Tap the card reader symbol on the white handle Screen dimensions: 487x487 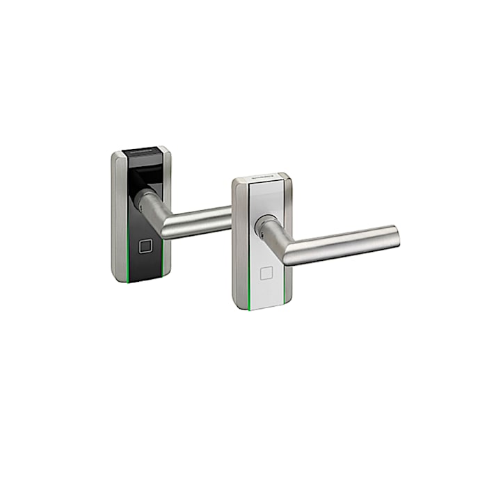click(x=266, y=273)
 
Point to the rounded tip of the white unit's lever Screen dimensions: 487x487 click(x=396, y=234)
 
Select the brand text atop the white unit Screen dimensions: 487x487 click(x=263, y=178)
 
